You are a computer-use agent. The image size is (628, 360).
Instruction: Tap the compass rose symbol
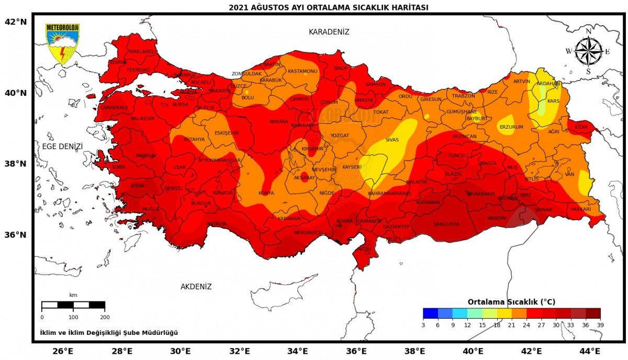588,51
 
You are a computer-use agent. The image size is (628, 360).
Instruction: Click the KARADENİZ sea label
329,32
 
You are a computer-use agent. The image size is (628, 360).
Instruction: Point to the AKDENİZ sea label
196,287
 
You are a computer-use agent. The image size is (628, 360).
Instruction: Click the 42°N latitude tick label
15,22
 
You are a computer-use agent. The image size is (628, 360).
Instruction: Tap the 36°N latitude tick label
15,234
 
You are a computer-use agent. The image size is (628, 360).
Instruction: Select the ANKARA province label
278,121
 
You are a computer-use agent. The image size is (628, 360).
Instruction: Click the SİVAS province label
392,140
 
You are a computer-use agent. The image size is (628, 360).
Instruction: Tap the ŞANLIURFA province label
446,224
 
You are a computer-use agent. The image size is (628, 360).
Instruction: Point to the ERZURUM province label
511,127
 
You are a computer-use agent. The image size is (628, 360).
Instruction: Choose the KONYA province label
266,193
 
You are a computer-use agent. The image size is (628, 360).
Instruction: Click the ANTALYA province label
217,224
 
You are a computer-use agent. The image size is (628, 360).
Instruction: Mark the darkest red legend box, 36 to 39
593,313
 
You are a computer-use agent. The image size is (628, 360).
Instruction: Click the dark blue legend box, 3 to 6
430,313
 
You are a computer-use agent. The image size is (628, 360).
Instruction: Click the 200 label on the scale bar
105,318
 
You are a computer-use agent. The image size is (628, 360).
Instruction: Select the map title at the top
329,7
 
